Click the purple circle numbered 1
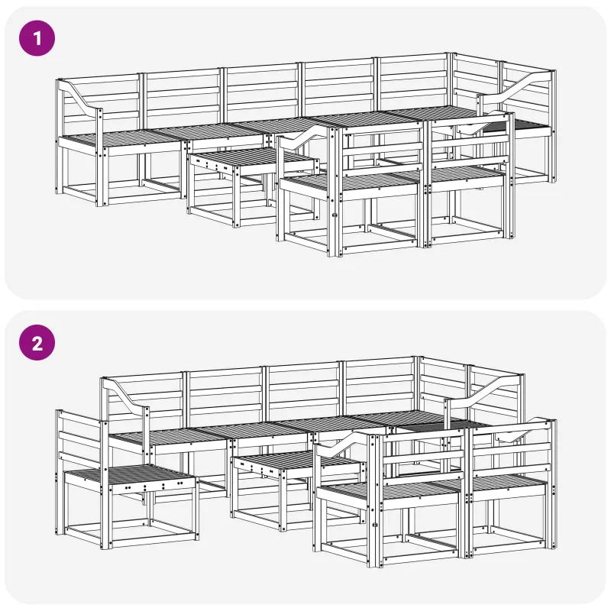[x=37, y=38]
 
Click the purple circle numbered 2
[x=37, y=342]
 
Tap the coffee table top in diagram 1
[x=251, y=159]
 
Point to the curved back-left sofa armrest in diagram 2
[x=124, y=393]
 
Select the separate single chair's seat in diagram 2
[x=128, y=476]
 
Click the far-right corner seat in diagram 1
[x=519, y=125]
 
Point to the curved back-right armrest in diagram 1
[x=514, y=85]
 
